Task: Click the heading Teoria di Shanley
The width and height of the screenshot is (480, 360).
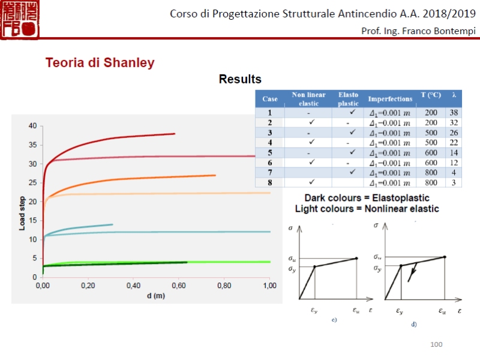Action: (100, 62)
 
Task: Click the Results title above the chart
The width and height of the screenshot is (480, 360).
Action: (240, 79)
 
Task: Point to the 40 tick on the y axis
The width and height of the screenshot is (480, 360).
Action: (32, 126)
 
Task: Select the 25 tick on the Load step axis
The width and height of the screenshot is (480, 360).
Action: (32, 182)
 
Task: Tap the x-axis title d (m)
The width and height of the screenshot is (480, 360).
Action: (155, 296)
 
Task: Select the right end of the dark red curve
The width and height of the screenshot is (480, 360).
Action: (175, 134)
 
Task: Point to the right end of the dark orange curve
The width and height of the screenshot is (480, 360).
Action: (215, 175)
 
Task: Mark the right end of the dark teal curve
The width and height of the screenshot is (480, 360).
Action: (112, 224)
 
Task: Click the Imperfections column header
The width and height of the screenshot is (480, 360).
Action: (390, 99)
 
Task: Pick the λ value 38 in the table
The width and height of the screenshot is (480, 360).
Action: (455, 113)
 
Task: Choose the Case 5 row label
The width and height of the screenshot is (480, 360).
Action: (270, 152)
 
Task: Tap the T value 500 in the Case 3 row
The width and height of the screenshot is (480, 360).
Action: (430, 133)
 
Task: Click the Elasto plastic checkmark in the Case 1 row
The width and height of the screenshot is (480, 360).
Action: (353, 112)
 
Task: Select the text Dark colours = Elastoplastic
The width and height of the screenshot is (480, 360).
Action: (367, 197)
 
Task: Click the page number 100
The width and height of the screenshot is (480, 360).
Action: (436, 344)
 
